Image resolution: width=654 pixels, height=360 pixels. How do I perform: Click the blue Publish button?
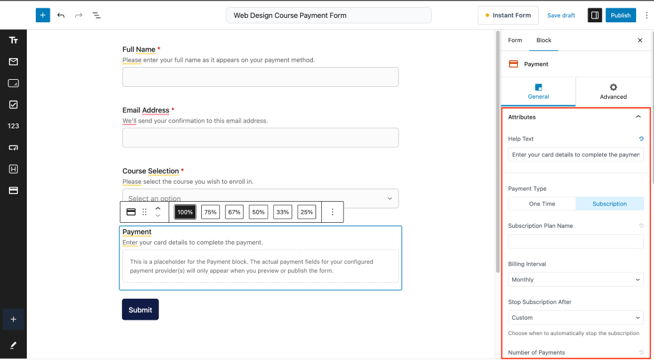pyautogui.click(x=620, y=15)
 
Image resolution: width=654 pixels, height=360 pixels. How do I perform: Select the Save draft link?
pyautogui.click(x=561, y=15)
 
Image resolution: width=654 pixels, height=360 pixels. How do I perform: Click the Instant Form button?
pyautogui.click(x=508, y=15)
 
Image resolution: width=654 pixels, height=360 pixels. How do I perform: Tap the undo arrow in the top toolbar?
pyautogui.click(x=61, y=15)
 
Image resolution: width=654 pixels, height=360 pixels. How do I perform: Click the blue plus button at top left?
pyautogui.click(x=43, y=15)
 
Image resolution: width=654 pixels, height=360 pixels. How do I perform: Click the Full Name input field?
pyautogui.click(x=261, y=77)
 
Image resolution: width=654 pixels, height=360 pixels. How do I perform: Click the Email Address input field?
pyautogui.click(x=261, y=137)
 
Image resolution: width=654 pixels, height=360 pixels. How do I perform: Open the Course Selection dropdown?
pyautogui.click(x=261, y=198)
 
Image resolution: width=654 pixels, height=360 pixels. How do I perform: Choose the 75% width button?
pyautogui.click(x=211, y=212)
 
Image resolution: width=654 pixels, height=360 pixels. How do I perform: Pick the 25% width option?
pyautogui.click(x=307, y=212)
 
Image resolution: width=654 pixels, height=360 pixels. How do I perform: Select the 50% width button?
pyautogui.click(x=258, y=212)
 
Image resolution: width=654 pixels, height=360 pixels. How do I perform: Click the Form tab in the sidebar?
pyautogui.click(x=515, y=40)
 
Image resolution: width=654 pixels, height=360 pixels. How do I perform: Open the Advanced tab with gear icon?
pyautogui.click(x=613, y=91)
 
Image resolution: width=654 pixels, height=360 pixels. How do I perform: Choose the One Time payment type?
pyautogui.click(x=542, y=204)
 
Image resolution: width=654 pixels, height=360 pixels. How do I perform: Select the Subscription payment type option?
pyautogui.click(x=609, y=204)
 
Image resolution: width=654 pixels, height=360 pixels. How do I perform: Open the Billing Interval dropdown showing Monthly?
pyautogui.click(x=575, y=280)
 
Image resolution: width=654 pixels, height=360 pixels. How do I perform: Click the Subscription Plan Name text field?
pyautogui.click(x=575, y=241)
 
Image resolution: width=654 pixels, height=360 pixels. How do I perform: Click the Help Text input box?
pyautogui.click(x=575, y=154)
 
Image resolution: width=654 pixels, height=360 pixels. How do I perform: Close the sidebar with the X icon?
pyautogui.click(x=640, y=40)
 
